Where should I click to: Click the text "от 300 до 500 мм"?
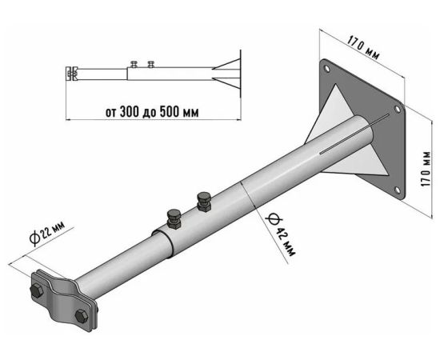(x=152, y=112)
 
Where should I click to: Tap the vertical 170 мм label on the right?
(x=426, y=169)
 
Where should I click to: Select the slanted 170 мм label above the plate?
(x=364, y=47)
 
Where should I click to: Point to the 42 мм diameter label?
(x=282, y=235)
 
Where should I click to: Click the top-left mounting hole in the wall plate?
(x=326, y=68)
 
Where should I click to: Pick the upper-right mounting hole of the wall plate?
(x=398, y=110)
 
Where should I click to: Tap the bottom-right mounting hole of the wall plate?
(x=398, y=190)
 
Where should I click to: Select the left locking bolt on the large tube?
(x=174, y=219)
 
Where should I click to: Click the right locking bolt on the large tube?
(x=204, y=202)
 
